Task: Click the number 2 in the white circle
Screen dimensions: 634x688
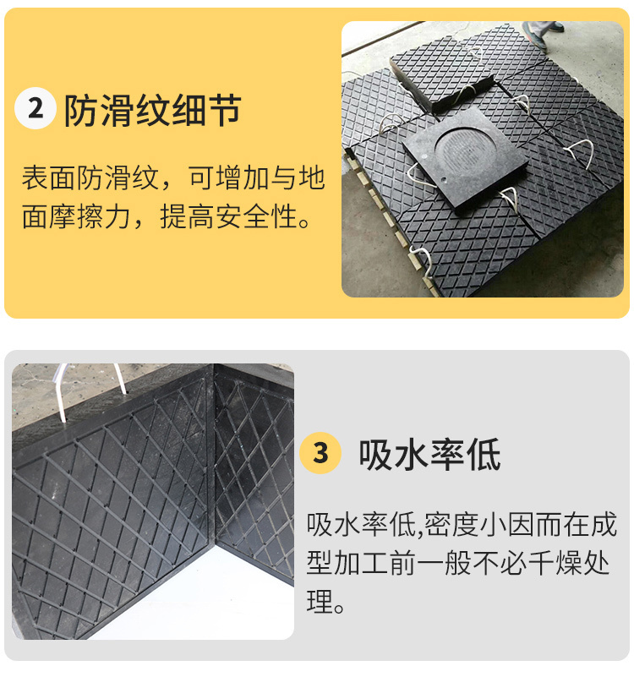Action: [x=36, y=108]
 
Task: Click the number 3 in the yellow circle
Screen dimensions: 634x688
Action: [x=320, y=453]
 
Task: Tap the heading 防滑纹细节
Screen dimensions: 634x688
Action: [x=153, y=110]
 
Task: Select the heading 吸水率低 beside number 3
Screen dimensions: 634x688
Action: [x=429, y=455]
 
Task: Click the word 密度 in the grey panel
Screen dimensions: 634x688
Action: [x=451, y=524]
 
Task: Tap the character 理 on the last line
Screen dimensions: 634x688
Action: [x=320, y=601]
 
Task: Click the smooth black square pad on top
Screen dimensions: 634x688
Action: [x=465, y=158]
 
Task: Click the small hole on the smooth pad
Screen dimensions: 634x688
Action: [x=445, y=179]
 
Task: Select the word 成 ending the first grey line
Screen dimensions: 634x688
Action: [x=604, y=524]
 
